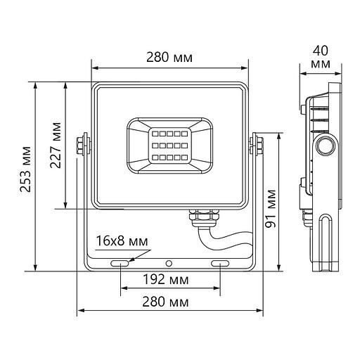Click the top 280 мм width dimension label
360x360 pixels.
[x=172, y=57]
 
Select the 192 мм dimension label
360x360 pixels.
[x=171, y=279]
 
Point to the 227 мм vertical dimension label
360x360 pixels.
[x=56, y=146]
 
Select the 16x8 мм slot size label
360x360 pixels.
[x=122, y=240]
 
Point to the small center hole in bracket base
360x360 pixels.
[x=169, y=263]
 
